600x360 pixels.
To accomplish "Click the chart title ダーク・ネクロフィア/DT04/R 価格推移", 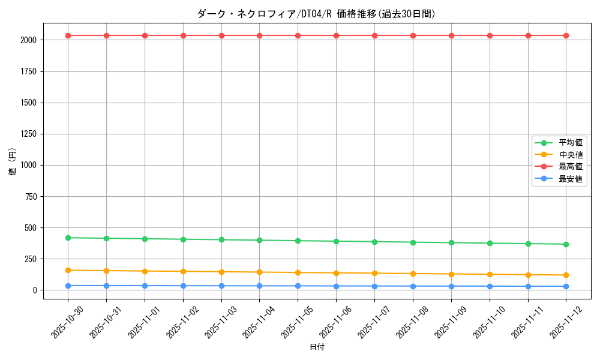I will coord(316,14).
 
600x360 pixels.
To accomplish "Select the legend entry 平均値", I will coord(571,143).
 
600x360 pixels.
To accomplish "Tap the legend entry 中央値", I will coord(571,155).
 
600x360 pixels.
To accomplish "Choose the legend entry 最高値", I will coord(571,167).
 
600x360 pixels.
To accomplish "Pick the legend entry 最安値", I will coord(571,179).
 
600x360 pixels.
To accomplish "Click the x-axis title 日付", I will coord(317,347).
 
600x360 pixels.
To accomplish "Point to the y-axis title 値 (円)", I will coord(13,163).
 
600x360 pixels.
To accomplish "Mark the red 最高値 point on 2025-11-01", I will coord(145,35).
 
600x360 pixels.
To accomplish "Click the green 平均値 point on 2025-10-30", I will coord(68,238).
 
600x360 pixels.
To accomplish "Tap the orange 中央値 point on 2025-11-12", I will coord(566,275).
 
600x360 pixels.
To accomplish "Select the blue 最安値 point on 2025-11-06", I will coord(336,286).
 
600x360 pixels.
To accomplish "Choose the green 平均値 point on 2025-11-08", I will coord(413,242).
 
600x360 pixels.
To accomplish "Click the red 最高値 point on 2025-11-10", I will coord(490,35).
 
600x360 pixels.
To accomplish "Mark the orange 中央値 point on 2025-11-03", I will coord(221,272).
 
